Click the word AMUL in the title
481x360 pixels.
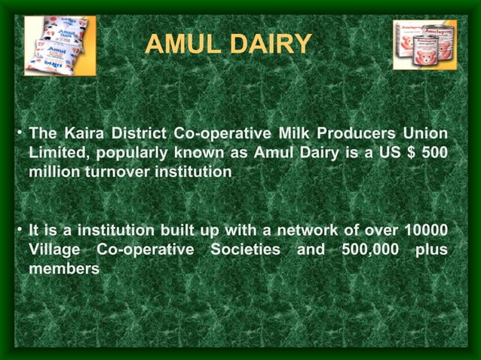(185, 44)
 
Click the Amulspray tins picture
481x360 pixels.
(424, 44)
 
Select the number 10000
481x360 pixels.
(425, 230)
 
